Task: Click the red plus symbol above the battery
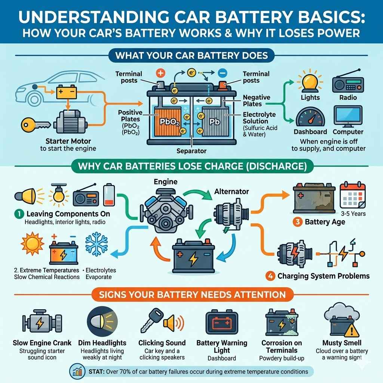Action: point(160,73)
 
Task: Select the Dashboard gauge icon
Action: point(307,117)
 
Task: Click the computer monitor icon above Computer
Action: point(348,116)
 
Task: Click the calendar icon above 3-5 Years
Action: point(352,196)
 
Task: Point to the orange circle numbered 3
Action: point(297,222)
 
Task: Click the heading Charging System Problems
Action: point(323,276)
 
